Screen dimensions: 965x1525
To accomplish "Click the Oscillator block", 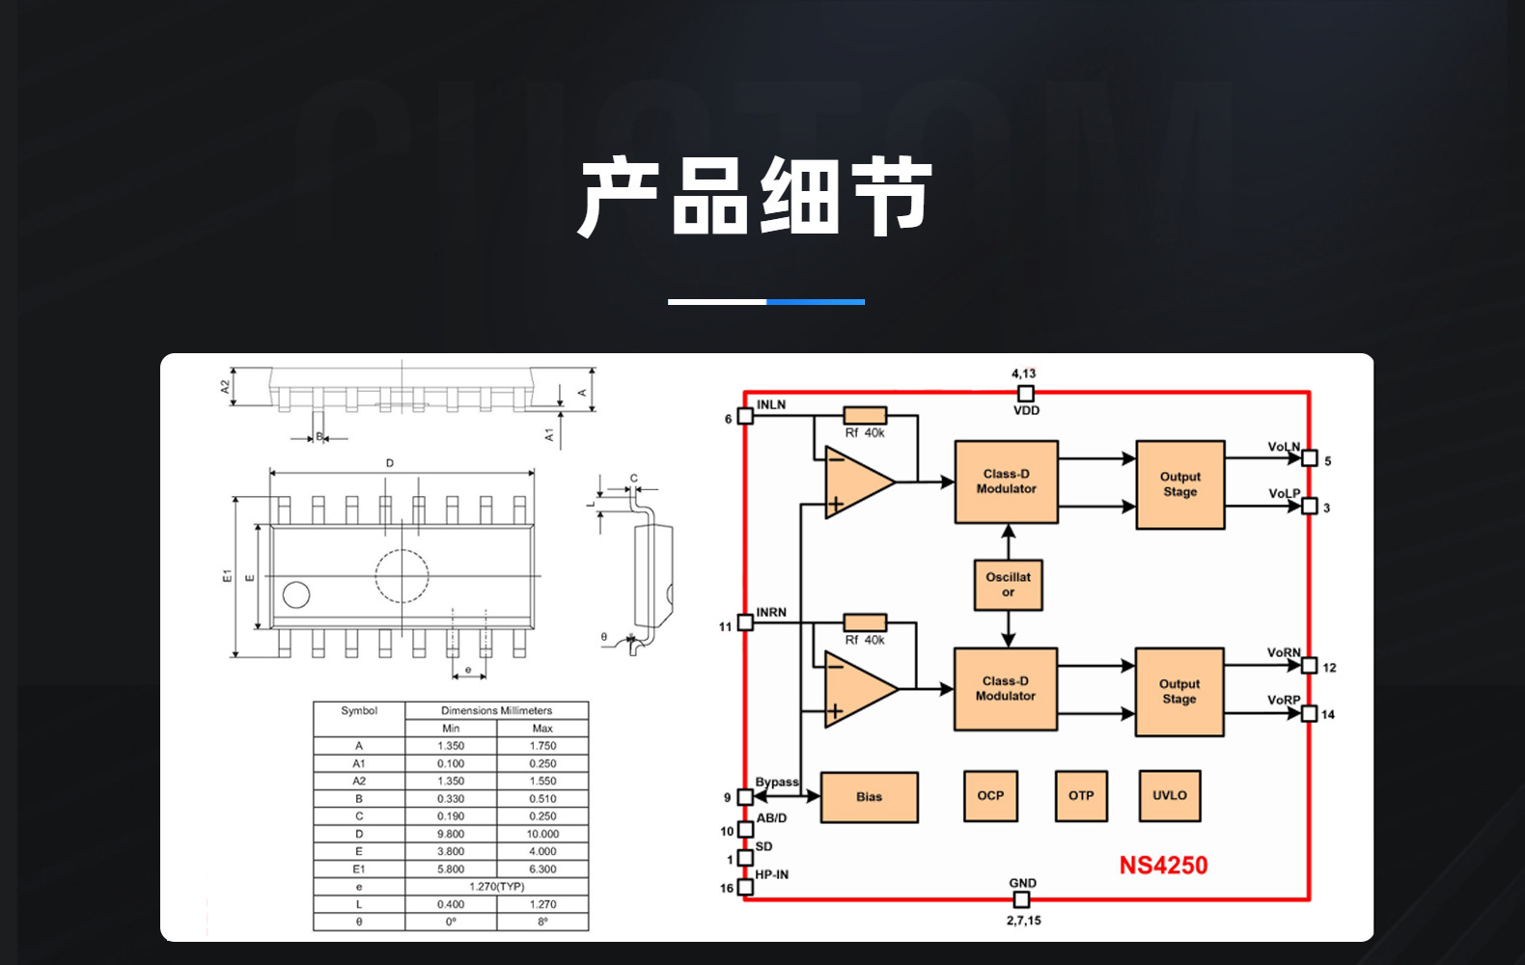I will click(1008, 585).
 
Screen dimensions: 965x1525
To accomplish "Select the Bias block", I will click(869, 797).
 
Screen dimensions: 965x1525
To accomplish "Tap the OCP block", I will click(990, 796).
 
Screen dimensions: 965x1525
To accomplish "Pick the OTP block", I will click(1081, 796).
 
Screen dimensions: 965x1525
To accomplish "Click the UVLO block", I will click(1170, 796).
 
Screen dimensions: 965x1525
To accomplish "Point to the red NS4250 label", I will click(1163, 866).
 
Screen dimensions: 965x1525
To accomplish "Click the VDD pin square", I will click(1026, 394).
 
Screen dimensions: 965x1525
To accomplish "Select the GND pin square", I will click(1021, 899).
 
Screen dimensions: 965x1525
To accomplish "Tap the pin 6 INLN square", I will click(745, 416).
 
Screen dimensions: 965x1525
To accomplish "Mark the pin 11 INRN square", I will click(745, 623).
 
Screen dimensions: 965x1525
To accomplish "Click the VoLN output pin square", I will click(1310, 458).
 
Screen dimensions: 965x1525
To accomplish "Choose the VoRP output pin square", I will click(1310, 714).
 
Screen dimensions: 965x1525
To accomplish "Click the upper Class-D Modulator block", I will click(1006, 482).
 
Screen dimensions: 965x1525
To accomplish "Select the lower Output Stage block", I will click(1178, 692).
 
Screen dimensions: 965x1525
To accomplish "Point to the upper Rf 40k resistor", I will click(865, 415).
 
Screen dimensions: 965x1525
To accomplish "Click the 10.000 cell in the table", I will click(542, 834).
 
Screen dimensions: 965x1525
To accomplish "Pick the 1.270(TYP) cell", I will click(496, 887).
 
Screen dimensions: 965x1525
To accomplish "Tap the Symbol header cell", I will click(359, 711).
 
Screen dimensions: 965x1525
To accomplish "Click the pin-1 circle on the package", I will click(296, 594).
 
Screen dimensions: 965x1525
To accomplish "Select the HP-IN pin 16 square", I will click(745, 887).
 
